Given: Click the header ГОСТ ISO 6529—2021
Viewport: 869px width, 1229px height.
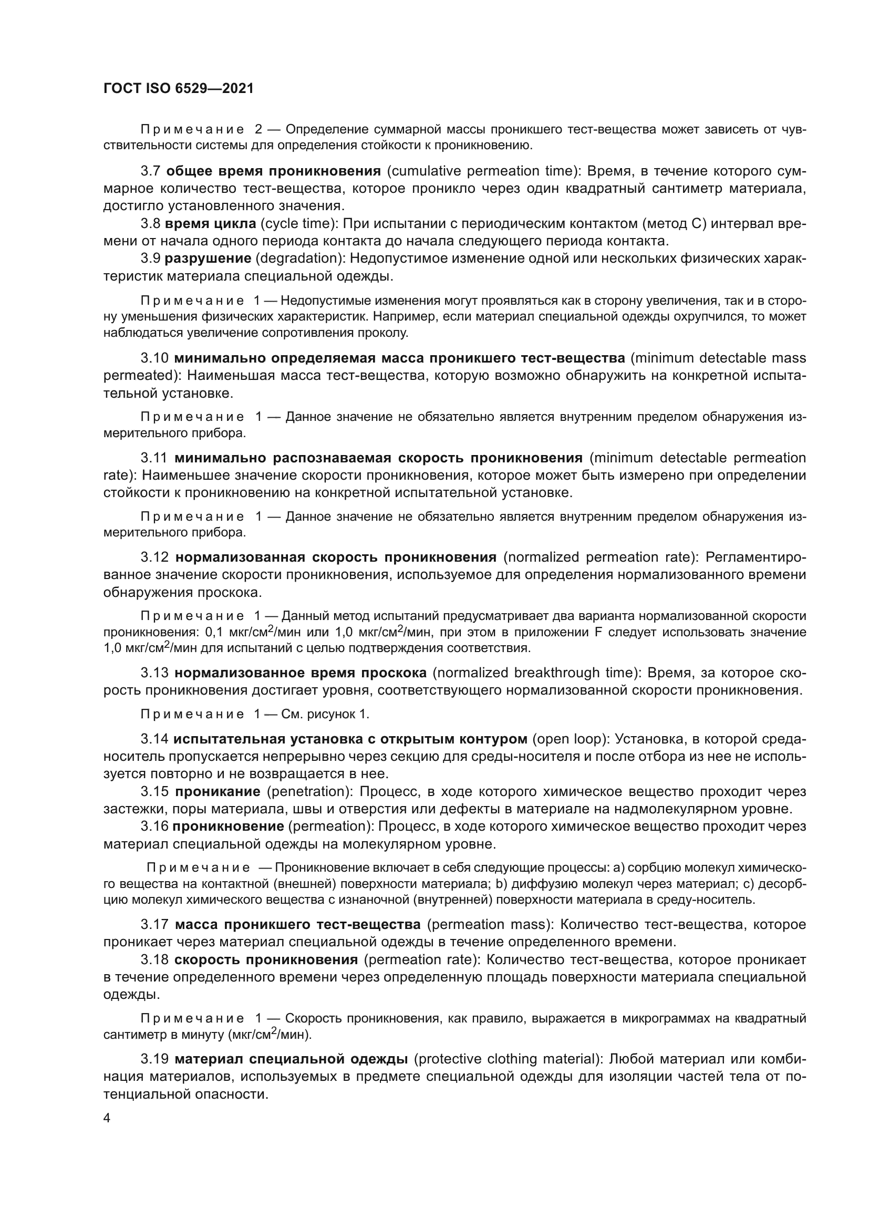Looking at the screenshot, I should [178, 88].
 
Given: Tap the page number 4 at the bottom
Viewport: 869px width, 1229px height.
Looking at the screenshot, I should [107, 1118].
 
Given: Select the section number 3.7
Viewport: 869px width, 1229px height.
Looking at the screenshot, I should [150, 171].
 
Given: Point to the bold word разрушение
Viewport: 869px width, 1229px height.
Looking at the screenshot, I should [208, 259].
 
